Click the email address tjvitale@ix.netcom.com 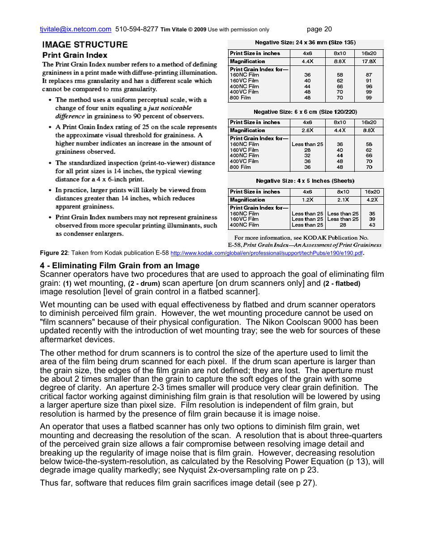coord(75,29)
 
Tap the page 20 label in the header coord(319,29)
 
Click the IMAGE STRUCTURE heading coord(85,44)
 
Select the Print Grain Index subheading coord(75,56)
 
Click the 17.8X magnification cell coord(369,61)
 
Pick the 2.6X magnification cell coord(307,130)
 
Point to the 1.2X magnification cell coord(307,200)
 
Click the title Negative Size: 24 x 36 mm coord(305,43)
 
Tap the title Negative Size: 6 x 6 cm coord(305,112)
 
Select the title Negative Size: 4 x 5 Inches coord(305,181)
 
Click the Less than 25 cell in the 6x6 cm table coord(307,144)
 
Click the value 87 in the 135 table coord(369,75)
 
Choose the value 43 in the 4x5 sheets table coord(372,225)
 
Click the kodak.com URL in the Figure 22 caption coord(267,253)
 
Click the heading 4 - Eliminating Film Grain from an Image coord(119,266)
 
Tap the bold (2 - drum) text coord(144,284)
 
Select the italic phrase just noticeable coord(170,108)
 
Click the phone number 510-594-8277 coord(136,29)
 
